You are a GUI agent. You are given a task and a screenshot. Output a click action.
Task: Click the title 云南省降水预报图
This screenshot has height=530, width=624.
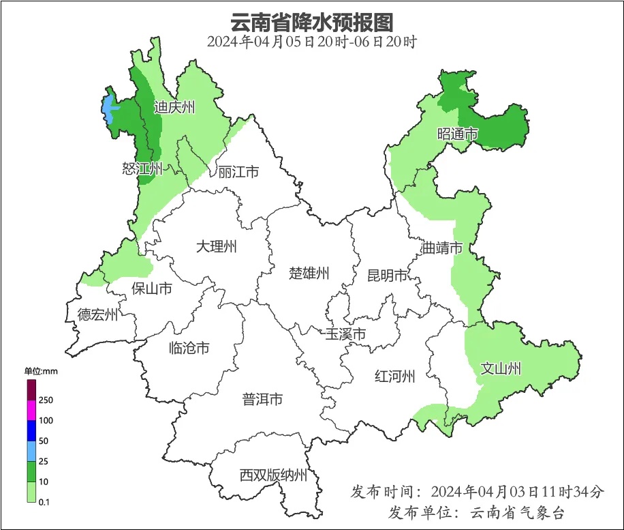pyautogui.click(x=311, y=22)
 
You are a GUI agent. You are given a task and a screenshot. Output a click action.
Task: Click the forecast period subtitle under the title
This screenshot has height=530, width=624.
pyautogui.click(x=311, y=42)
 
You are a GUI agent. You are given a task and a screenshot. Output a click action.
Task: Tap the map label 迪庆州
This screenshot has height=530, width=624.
pyautogui.click(x=174, y=107)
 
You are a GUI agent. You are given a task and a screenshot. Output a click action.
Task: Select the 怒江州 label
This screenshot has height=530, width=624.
pyautogui.click(x=142, y=168)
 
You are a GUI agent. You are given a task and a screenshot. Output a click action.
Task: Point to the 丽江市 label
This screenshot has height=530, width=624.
pyautogui.click(x=238, y=172)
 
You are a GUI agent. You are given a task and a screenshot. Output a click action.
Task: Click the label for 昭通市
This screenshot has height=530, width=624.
pyautogui.click(x=457, y=134)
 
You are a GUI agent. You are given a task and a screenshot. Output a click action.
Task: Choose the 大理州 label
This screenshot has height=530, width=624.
pyautogui.click(x=216, y=247)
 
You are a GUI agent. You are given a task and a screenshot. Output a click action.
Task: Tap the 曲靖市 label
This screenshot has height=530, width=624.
pyautogui.click(x=442, y=248)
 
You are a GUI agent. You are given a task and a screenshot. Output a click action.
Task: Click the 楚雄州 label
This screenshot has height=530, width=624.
pyautogui.click(x=309, y=274)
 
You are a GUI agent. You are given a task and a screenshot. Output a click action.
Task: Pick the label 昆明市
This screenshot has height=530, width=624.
pyautogui.click(x=387, y=276)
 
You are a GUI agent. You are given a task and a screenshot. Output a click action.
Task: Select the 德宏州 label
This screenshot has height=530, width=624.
pyautogui.click(x=97, y=314)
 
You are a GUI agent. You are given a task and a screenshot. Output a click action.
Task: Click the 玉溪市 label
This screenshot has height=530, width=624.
pyautogui.click(x=345, y=334)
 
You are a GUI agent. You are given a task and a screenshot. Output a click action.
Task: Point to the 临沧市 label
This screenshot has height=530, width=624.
pyautogui.click(x=189, y=349)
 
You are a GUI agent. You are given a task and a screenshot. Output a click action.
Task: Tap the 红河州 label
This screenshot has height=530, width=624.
pyautogui.click(x=394, y=376)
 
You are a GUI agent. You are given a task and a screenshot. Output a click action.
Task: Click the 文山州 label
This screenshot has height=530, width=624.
pyautogui.click(x=501, y=369)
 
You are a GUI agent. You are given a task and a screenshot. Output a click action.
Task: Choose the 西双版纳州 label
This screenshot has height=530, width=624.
pyautogui.click(x=273, y=475)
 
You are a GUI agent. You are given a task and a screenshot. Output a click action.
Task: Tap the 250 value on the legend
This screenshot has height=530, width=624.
pyautogui.click(x=46, y=400)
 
